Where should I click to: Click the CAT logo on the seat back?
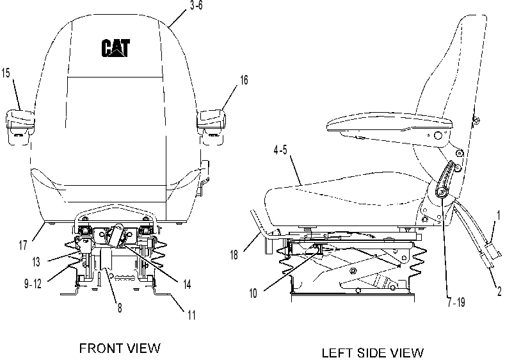click(x=116, y=48)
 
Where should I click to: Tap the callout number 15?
click(x=6, y=73)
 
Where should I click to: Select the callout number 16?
click(x=244, y=80)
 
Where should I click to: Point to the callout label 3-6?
click(x=196, y=6)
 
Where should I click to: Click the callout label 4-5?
click(x=280, y=150)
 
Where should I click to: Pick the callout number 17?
click(x=23, y=245)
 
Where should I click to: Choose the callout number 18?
click(x=234, y=255)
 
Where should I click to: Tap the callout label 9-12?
click(x=33, y=284)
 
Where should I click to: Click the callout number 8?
click(x=120, y=307)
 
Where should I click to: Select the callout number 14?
click(x=187, y=284)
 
